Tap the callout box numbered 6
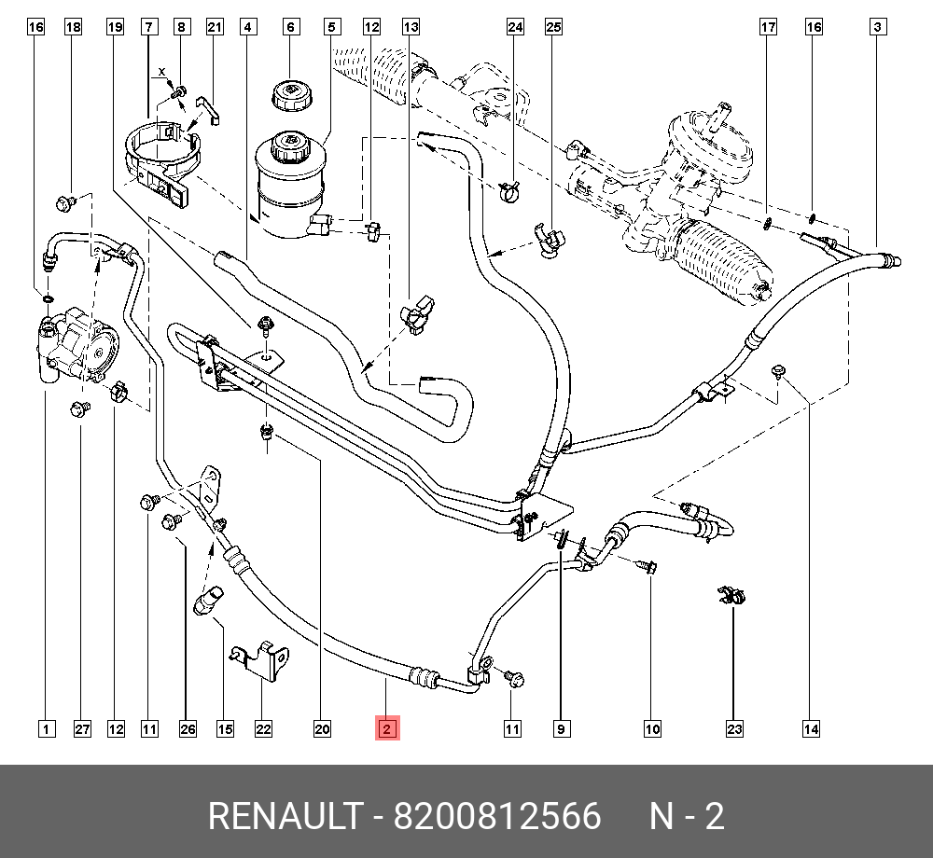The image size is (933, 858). click(290, 27)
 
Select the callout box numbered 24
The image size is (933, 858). click(515, 27)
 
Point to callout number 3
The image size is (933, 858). click(877, 27)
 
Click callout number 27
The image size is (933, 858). click(82, 728)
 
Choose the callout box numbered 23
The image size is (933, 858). click(734, 728)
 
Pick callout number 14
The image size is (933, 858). click(811, 728)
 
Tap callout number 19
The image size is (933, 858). click(115, 27)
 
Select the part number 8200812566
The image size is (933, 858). click(497, 817)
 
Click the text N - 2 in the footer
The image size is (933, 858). click(687, 817)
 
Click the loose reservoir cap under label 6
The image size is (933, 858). click(290, 95)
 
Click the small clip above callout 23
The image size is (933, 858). click(731, 596)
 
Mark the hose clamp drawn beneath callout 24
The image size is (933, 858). click(511, 192)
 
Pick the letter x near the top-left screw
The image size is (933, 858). click(161, 72)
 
